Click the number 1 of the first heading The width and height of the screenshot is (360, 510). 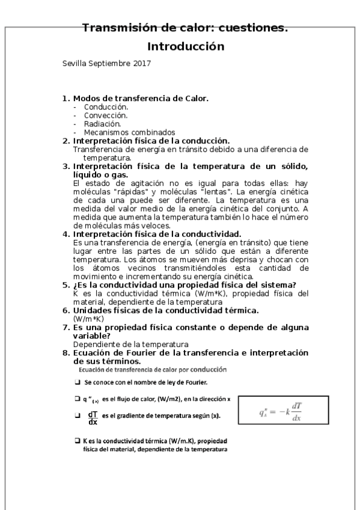pyautogui.click(x=66, y=97)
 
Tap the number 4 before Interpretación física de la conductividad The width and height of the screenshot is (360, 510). pyautogui.click(x=66, y=233)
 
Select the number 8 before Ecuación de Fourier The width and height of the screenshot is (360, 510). pyautogui.click(x=66, y=352)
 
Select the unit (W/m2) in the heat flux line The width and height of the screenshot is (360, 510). pyautogui.click(x=170, y=399)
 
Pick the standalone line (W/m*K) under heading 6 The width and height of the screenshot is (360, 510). pyautogui.click(x=88, y=318)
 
